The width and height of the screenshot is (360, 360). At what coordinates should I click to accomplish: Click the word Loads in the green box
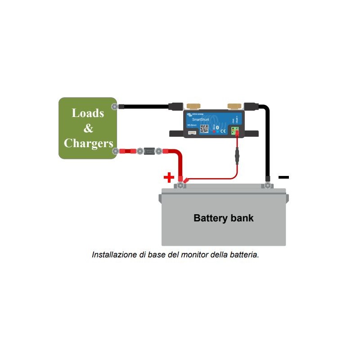tap(88, 113)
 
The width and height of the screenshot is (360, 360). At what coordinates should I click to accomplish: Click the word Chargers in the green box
tap(88, 143)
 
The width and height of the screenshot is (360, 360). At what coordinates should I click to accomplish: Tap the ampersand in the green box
tap(88, 128)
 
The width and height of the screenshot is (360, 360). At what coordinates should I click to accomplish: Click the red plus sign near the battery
tap(169, 177)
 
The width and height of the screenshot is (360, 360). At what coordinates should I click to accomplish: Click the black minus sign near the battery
tap(283, 177)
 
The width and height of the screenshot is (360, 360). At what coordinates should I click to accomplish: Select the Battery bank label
tap(224, 218)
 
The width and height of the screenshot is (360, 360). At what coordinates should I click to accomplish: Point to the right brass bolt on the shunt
tap(234, 106)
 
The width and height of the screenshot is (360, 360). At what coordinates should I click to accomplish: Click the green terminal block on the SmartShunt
tap(234, 130)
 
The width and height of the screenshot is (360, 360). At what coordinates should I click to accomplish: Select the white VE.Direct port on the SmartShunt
tap(192, 132)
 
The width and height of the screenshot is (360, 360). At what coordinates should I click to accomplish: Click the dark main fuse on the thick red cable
tap(149, 151)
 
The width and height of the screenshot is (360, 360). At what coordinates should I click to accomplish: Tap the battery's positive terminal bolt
tap(180, 185)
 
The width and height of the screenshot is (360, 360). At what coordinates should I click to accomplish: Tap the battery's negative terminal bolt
tap(268, 185)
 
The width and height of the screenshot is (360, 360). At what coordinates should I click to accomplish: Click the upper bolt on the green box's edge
tap(115, 106)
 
